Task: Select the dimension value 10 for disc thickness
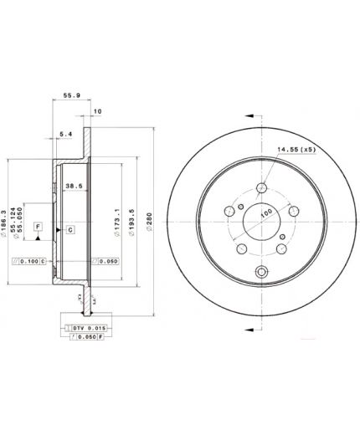tap(98, 111)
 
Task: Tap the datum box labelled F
tap(38, 227)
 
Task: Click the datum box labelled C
tap(69, 229)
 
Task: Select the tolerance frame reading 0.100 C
tap(34, 262)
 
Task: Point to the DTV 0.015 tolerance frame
tap(85, 329)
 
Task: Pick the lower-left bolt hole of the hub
tap(242, 248)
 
